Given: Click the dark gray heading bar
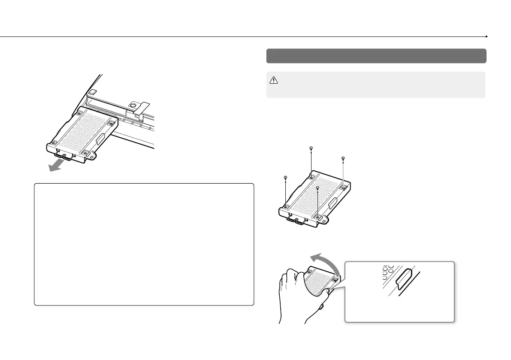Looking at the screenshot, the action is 376,56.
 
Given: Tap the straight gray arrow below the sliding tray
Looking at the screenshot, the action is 58,165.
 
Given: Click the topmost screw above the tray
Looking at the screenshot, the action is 311,148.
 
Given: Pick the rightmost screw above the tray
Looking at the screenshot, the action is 343,159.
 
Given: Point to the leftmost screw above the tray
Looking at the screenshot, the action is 285,177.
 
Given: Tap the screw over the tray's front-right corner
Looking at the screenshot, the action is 317,188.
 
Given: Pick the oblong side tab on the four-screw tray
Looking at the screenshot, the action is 330,208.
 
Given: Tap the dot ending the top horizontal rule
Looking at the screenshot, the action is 486,37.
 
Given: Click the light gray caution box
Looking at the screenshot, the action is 376,85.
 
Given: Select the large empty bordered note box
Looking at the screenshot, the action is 144,245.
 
